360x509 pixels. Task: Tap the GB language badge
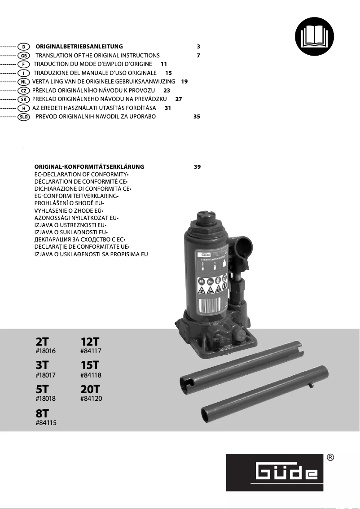(x=23, y=56)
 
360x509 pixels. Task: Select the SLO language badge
(x=23, y=117)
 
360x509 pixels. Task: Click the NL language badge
(x=23, y=82)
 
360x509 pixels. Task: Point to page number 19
(x=184, y=82)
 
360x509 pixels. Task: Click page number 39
(x=197, y=167)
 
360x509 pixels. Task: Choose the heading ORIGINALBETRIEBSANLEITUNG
(x=79, y=47)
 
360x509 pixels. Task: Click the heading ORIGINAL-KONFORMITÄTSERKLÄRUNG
(x=89, y=167)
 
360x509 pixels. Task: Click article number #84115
(x=46, y=422)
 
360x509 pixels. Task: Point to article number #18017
(x=46, y=375)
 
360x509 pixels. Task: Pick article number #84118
(x=91, y=375)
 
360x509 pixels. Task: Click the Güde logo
(x=274, y=473)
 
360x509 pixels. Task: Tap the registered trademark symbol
(x=330, y=458)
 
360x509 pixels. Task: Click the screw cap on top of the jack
(x=207, y=218)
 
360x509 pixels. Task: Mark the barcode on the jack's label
(x=209, y=307)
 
